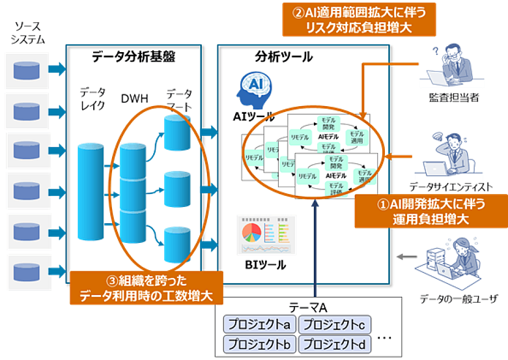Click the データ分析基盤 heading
pos(134,57)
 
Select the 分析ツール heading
pos(284,57)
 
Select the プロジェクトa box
pos(259,324)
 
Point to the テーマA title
pos(307,307)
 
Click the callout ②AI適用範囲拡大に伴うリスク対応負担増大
pos(359,20)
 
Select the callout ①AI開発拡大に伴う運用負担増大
pos(432,211)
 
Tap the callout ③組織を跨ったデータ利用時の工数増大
pos(147,288)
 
